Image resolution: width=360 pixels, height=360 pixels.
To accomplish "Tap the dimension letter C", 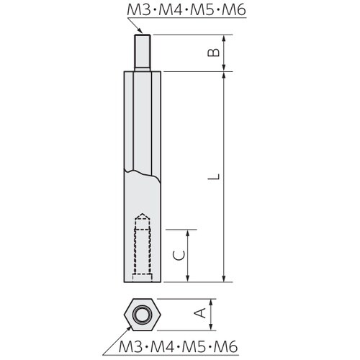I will (182, 256).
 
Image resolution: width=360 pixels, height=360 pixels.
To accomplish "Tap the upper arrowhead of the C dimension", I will (190, 234).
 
